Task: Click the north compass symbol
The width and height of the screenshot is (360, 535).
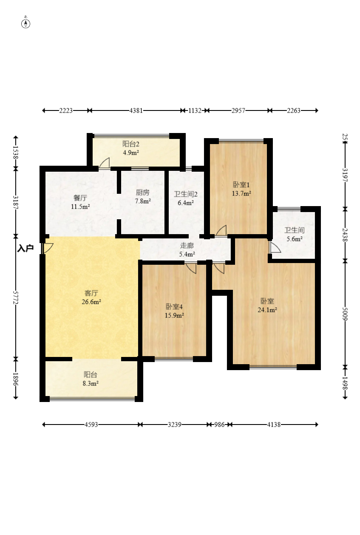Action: [26, 24]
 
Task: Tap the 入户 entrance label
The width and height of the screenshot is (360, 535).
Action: [26, 249]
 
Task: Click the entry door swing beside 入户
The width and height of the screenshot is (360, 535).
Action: [48, 249]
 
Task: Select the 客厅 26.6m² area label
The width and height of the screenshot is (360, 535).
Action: [91, 297]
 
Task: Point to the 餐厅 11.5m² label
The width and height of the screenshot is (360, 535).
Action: [80, 202]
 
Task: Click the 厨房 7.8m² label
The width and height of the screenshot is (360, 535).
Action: [143, 197]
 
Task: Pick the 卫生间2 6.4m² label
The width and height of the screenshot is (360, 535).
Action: [186, 198]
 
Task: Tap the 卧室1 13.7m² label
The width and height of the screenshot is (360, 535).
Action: [241, 189]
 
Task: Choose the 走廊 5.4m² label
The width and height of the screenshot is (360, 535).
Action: [187, 249]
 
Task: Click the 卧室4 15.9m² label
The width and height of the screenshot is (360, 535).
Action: [174, 311]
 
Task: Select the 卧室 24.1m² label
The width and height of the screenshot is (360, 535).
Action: [267, 305]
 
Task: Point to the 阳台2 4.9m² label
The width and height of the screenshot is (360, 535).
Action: [131, 148]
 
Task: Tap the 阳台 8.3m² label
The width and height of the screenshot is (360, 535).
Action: [91, 379]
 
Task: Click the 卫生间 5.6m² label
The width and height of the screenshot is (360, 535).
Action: [295, 234]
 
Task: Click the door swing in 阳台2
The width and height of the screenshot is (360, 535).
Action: [105, 163]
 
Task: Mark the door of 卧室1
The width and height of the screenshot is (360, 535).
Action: [221, 230]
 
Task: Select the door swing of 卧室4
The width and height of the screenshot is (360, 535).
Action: [191, 268]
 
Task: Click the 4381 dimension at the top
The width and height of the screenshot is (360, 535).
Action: [136, 110]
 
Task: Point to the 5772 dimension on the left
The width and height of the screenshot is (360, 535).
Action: [16, 297]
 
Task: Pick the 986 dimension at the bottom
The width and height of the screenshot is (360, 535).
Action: [219, 425]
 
